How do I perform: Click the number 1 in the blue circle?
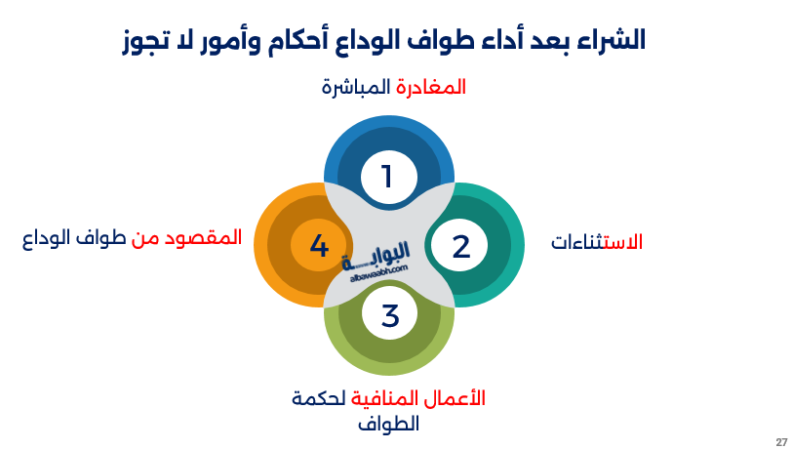click(x=387, y=177)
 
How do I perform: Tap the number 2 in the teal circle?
click(x=460, y=246)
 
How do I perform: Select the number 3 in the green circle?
click(x=389, y=316)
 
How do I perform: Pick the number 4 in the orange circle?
click(x=319, y=246)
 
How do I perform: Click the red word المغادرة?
click(x=430, y=87)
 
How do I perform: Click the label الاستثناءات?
click(x=597, y=242)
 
